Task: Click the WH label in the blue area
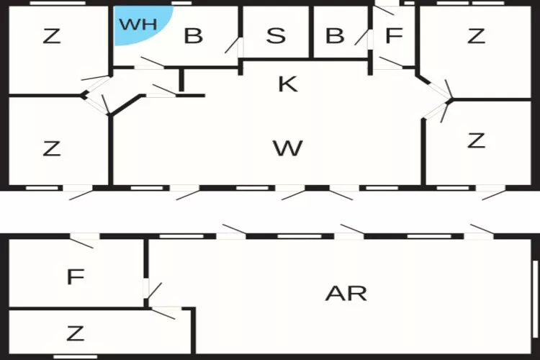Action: pos(138,24)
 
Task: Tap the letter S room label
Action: pos(276,35)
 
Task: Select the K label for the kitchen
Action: pos(287,84)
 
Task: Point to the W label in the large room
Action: pos(287,148)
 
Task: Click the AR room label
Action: pos(346,294)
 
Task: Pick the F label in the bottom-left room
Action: pos(76,276)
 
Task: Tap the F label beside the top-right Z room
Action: pos(394,35)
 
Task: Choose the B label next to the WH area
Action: pos(193,35)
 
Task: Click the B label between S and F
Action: pos(335,35)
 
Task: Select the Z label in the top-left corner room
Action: pos(52,36)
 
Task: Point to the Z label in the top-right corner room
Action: pos(477,36)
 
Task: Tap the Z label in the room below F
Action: pos(75,333)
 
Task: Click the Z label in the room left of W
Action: pos(52,149)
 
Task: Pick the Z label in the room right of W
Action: pos(477,140)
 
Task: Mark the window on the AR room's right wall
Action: pos(535,299)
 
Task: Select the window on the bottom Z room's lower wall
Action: pos(76,357)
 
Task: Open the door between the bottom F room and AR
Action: pos(146,288)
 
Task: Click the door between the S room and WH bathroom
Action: pos(240,48)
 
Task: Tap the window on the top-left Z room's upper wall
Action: pos(58,3)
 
